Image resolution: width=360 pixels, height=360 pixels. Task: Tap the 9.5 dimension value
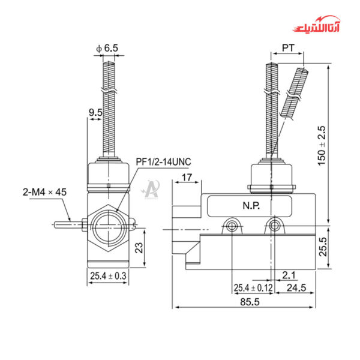pos(94,112)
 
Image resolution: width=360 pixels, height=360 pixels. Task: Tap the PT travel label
pos(287,47)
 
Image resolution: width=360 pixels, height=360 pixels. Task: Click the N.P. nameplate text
pos(252,205)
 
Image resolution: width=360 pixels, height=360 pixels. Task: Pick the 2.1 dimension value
pos(289,275)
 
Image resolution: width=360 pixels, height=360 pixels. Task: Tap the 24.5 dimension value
pos(296,288)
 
